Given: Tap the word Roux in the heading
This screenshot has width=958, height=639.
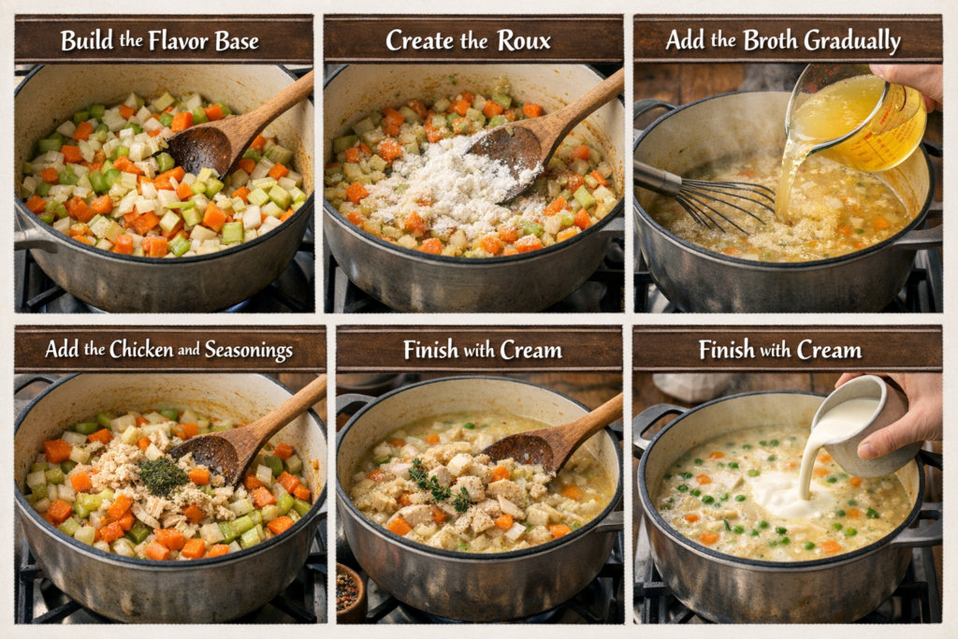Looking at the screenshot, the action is [524, 41].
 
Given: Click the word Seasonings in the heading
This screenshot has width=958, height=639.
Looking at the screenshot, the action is [248, 350].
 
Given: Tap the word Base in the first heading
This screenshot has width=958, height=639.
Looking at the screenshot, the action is [237, 41].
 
